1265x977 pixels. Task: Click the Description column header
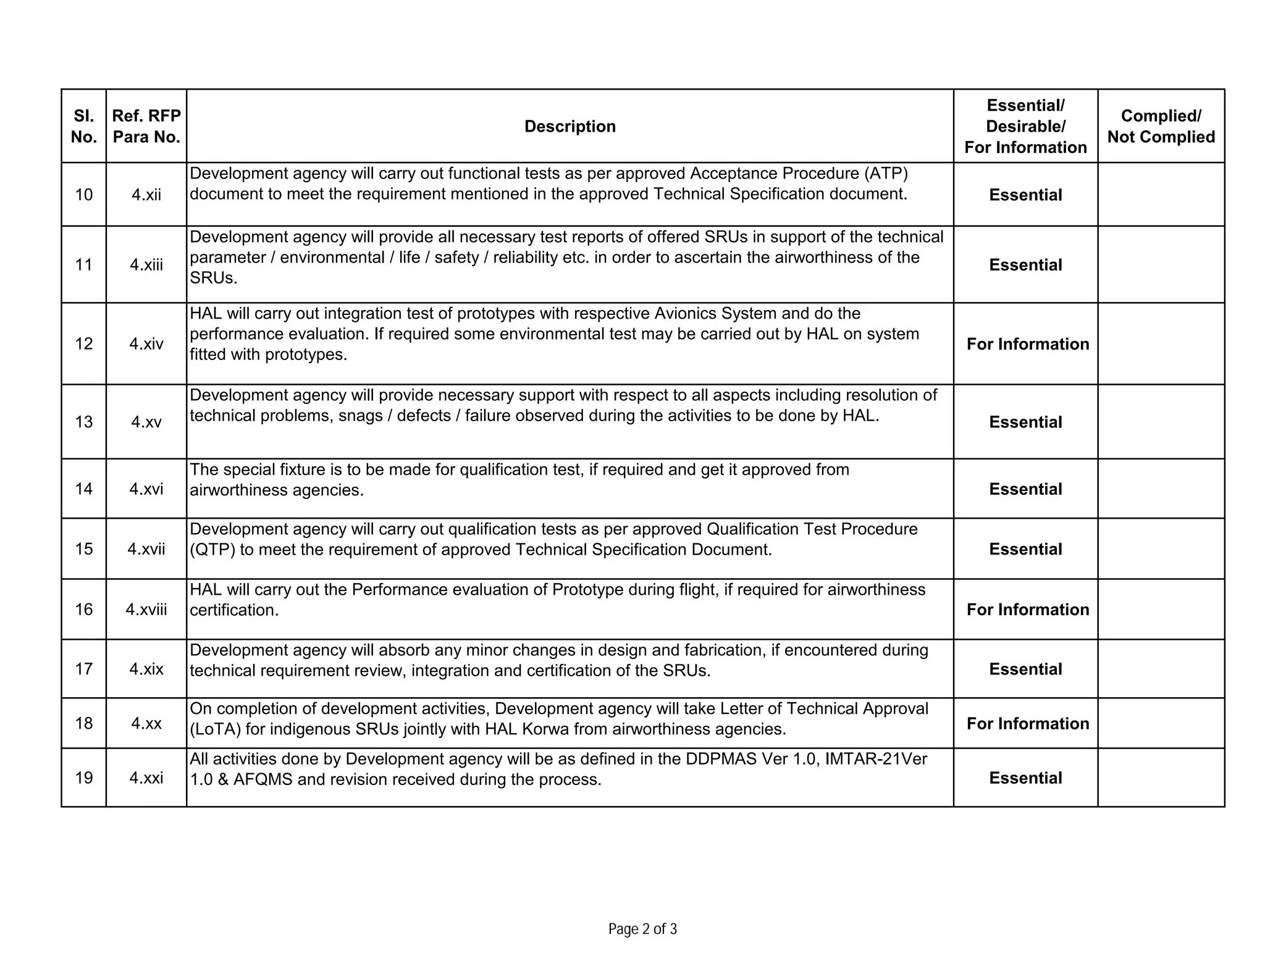(569, 127)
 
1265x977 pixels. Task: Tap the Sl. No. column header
(83, 127)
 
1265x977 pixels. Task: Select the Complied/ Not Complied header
(1161, 127)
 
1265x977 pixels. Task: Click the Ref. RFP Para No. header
(146, 127)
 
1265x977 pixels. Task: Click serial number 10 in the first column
(83, 195)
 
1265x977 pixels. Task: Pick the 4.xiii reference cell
(146, 265)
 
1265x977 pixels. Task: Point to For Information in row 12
(1027, 344)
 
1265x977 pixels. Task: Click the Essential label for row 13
(1025, 422)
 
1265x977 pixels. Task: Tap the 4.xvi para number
(146, 489)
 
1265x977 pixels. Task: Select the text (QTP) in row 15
(212, 550)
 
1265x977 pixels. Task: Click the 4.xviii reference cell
(146, 610)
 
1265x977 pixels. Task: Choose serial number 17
(83, 669)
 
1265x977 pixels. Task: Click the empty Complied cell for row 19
(1161, 778)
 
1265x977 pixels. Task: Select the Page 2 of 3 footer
(642, 929)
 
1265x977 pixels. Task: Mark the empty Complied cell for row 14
(1161, 488)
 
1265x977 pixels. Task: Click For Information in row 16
(1027, 610)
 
